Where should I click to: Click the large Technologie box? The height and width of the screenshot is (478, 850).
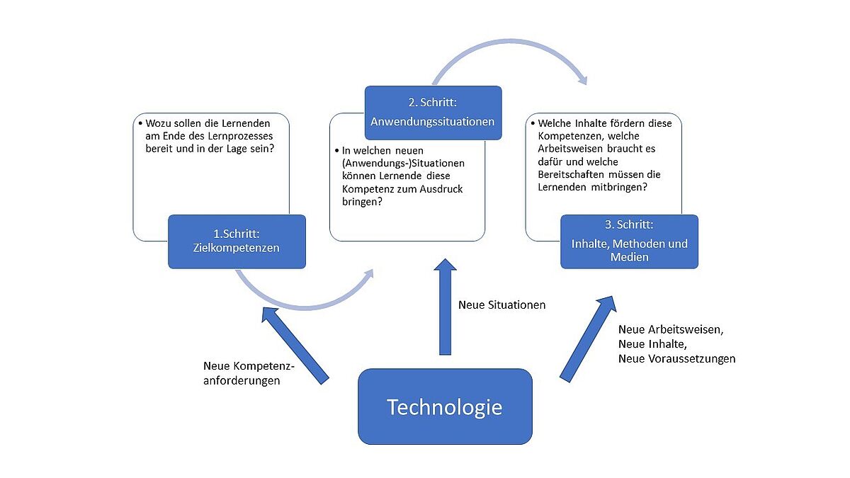coord(444,406)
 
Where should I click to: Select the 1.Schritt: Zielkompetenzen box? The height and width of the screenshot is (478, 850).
coord(237,241)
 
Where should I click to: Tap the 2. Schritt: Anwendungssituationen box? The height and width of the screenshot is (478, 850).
coord(433,112)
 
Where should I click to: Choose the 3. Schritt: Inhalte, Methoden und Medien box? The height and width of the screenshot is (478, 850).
coord(629,241)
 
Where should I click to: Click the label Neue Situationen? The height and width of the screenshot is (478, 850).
coord(501,305)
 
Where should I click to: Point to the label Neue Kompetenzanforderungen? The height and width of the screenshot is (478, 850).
coord(248,373)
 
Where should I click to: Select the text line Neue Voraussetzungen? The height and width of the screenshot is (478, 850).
coord(676,358)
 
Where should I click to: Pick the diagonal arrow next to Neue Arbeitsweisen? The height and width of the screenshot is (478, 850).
coord(587,340)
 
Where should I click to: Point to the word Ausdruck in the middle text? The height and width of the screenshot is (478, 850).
coord(442,189)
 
